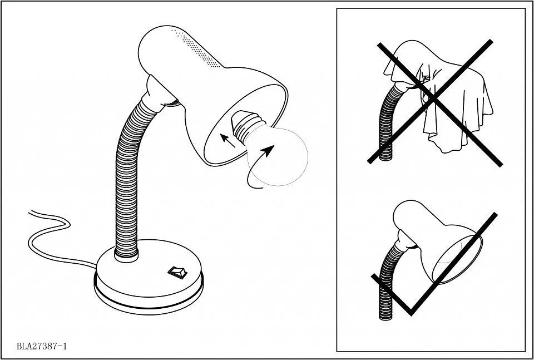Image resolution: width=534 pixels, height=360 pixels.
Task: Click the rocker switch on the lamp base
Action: (177, 272)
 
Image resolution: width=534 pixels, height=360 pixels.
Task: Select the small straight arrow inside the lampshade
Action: (228, 140)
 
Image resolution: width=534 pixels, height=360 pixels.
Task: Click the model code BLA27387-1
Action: (42, 347)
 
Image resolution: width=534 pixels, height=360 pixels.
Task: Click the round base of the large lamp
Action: (149, 277)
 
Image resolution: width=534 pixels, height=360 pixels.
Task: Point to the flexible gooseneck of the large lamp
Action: (131, 177)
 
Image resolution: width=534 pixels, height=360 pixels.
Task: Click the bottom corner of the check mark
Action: (411, 313)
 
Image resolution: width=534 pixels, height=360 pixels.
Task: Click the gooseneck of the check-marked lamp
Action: (388, 279)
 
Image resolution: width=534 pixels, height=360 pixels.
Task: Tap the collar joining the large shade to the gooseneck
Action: (160, 93)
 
